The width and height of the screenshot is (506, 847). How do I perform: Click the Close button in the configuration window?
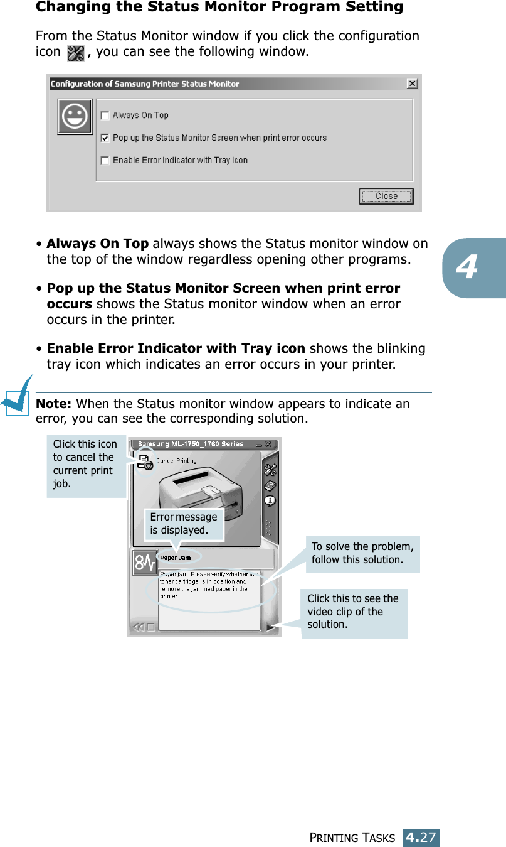[x=386, y=197]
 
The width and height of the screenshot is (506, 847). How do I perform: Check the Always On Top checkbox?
[x=105, y=116]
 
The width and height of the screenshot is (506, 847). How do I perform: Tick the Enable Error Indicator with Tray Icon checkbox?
[x=105, y=161]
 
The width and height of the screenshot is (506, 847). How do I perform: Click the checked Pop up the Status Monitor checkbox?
[x=105, y=138]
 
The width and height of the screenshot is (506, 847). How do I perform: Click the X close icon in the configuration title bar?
[x=412, y=84]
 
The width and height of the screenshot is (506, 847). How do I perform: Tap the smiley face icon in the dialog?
[x=75, y=117]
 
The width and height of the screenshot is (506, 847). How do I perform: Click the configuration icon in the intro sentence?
[x=75, y=53]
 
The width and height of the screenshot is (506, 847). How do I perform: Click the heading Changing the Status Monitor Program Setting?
[x=219, y=8]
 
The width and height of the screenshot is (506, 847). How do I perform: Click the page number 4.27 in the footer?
[x=421, y=838]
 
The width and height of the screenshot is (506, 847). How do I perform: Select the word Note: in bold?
[x=55, y=404]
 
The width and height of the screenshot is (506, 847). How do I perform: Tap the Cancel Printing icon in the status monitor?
[x=145, y=461]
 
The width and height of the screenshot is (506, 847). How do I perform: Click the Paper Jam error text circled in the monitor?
[x=176, y=558]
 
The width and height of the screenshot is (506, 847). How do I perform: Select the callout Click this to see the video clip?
[x=354, y=612]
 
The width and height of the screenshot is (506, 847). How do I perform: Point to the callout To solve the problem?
[x=362, y=553]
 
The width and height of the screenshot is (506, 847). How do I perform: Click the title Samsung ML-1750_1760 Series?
[x=191, y=444]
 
